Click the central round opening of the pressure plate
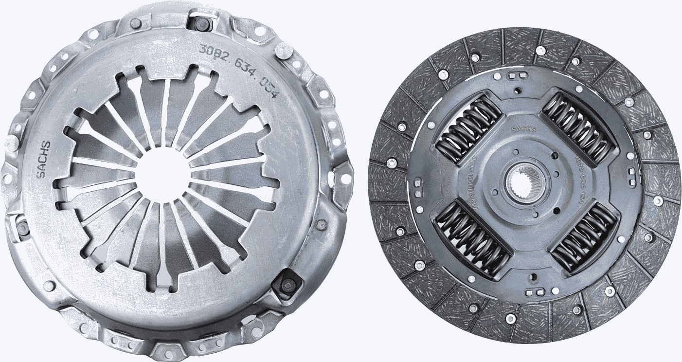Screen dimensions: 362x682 161,176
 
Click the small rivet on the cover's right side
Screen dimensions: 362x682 321,224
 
